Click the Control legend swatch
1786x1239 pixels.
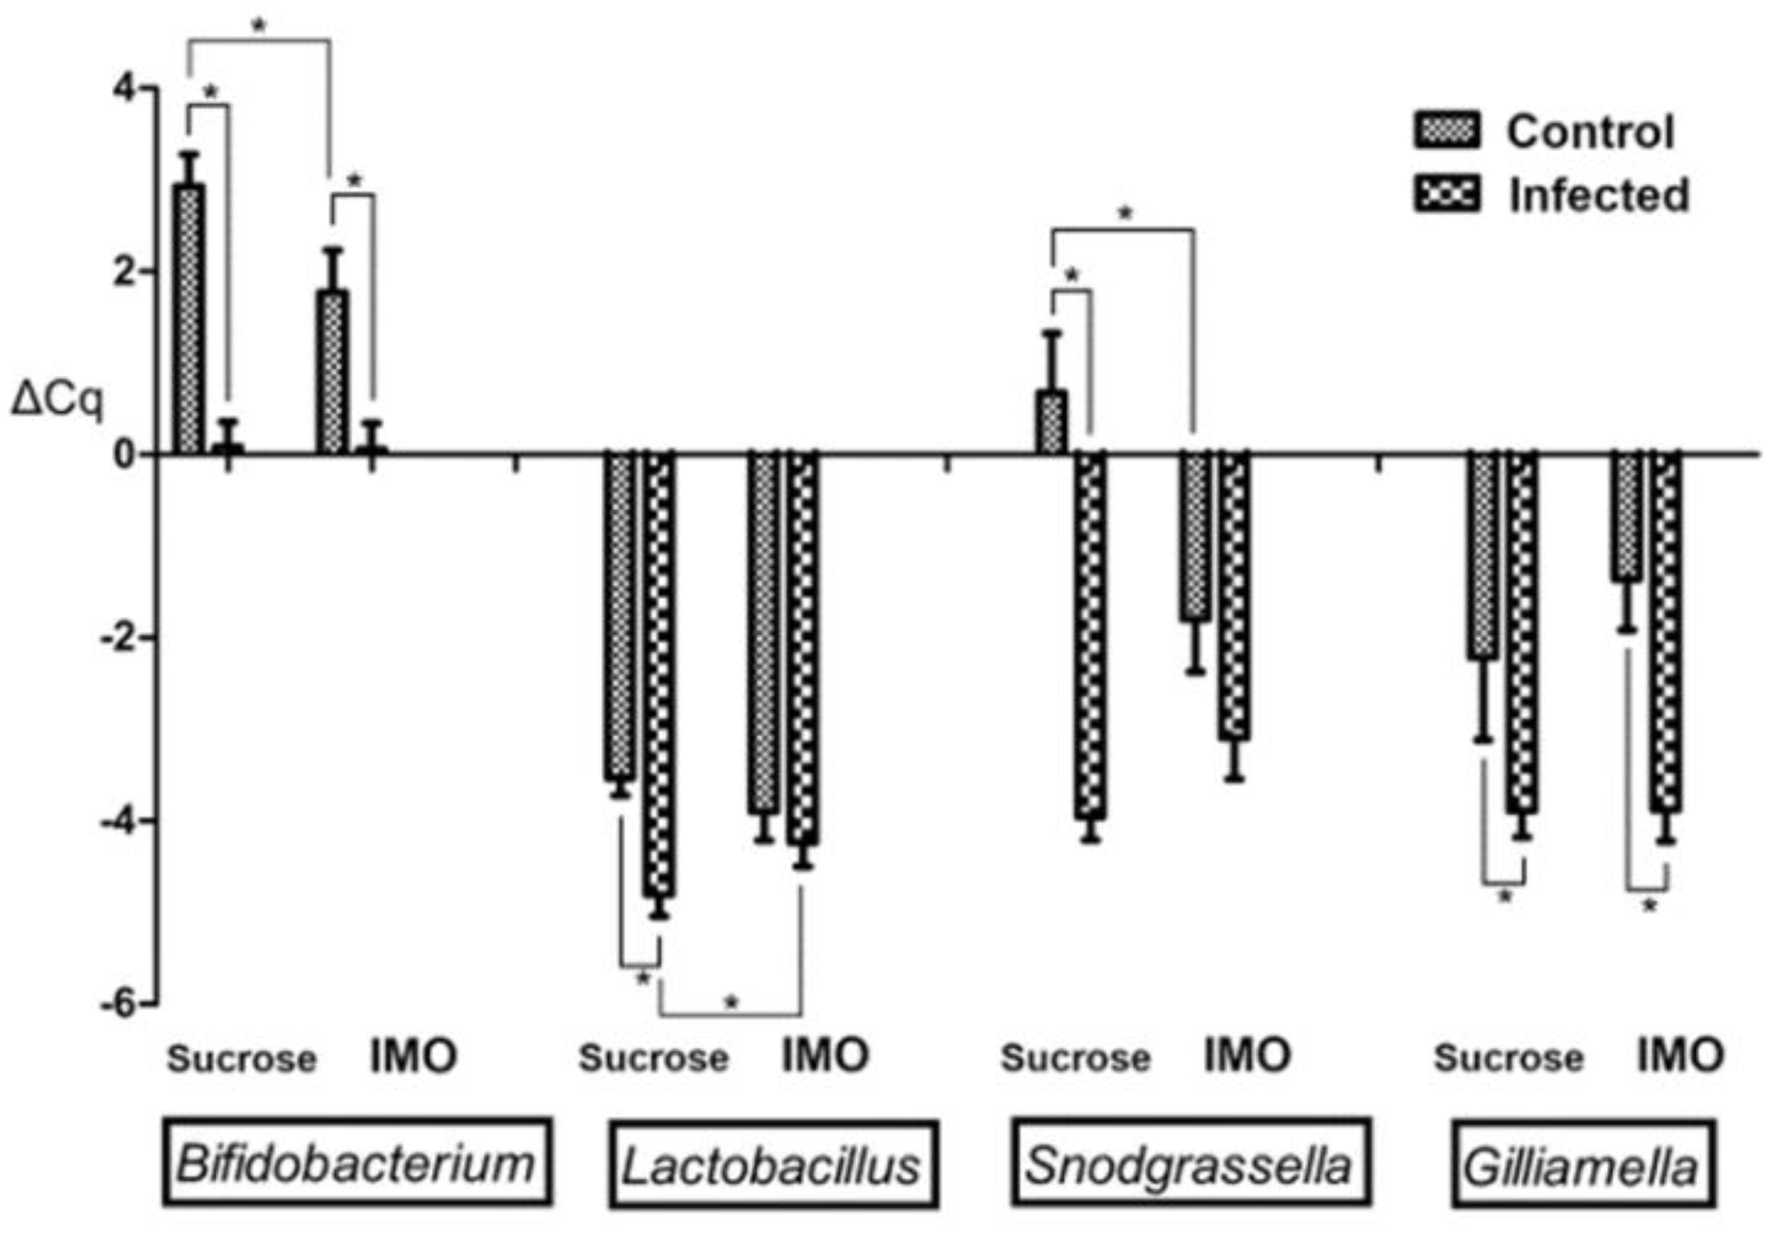tap(1447, 130)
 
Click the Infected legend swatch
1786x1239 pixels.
tap(1447, 194)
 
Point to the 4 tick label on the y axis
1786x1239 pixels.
tap(123, 88)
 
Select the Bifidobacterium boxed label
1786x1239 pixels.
tap(356, 1163)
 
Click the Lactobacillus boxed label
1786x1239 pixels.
tap(773, 1164)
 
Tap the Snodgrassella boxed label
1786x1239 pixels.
tap(1189, 1163)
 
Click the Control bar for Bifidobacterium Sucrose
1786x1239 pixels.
tap(189, 318)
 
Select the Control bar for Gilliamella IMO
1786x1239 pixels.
tap(1626, 517)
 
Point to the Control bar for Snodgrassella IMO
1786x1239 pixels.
tap(1196, 536)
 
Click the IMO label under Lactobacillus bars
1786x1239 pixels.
tap(825, 1056)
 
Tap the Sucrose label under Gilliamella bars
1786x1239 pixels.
tap(1508, 1057)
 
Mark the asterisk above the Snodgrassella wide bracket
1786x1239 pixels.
tap(1125, 213)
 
